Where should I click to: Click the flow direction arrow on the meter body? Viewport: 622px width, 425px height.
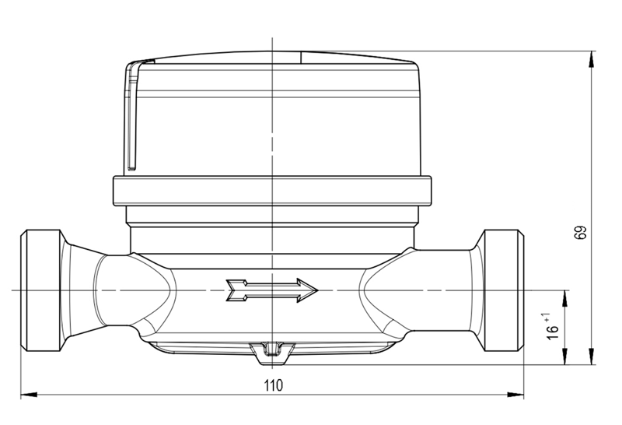(x=271, y=290)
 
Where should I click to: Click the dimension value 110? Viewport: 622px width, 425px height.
(x=274, y=385)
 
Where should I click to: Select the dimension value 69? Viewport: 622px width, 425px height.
(x=580, y=233)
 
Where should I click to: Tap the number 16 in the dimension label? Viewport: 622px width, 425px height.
(x=552, y=333)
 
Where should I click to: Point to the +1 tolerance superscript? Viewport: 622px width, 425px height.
(x=547, y=318)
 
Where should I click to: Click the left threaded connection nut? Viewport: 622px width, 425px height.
(x=41, y=290)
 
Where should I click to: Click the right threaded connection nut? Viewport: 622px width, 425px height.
(x=503, y=290)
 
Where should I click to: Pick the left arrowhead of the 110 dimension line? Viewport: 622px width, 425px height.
(x=29, y=395)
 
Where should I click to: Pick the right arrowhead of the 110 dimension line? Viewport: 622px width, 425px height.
(x=515, y=395)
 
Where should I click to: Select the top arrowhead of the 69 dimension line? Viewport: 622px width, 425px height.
(x=592, y=60)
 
